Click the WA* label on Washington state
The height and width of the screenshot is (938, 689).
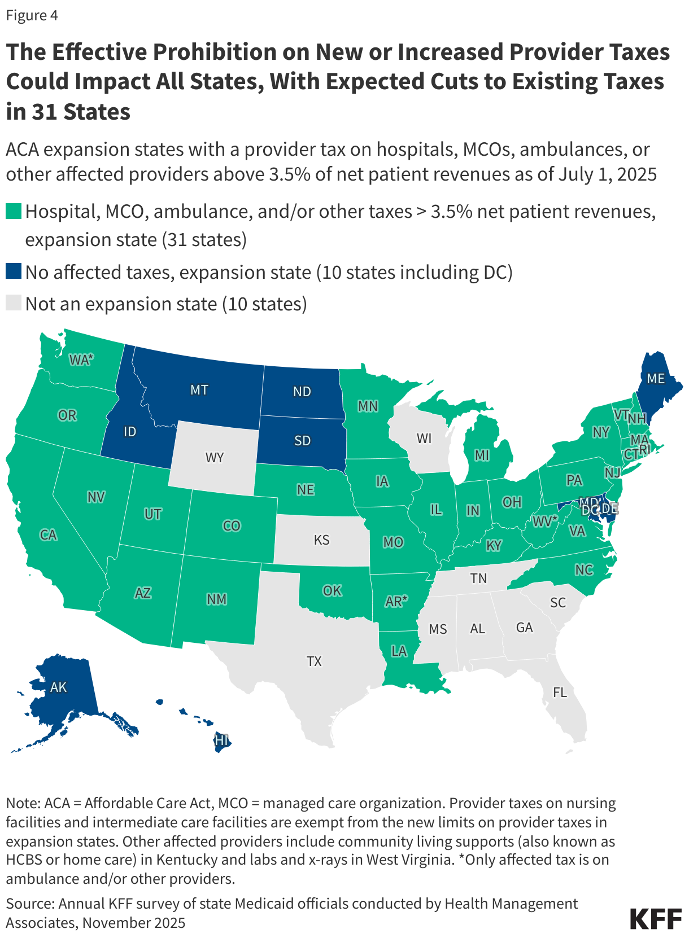click(81, 360)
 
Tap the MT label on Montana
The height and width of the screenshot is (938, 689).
click(199, 390)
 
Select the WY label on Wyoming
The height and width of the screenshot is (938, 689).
click(215, 457)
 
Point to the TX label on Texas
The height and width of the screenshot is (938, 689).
click(314, 661)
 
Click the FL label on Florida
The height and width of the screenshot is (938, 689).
click(560, 692)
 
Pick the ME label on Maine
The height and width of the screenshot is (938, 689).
click(655, 379)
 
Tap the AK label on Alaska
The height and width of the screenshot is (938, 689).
click(58, 687)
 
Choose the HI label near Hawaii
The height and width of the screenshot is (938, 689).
click(222, 740)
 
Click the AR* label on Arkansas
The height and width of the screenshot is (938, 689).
click(396, 602)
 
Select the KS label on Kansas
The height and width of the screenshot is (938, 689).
click(321, 540)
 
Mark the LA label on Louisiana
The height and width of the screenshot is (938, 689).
click(399, 651)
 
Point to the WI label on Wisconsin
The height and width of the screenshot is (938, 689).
click(424, 439)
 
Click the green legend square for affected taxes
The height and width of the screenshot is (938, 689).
click(14, 212)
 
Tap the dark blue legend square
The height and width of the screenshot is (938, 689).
click(14, 272)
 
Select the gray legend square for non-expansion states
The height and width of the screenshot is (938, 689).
click(14, 304)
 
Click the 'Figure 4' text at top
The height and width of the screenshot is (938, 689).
click(32, 15)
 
